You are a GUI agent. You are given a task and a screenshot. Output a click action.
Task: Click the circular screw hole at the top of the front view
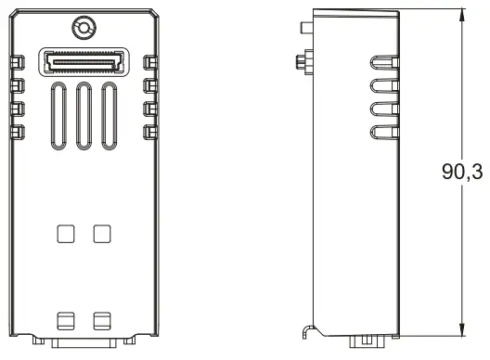pyautogui.click(x=84, y=29)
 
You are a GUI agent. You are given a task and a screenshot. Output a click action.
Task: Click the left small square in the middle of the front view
pyautogui.click(x=66, y=233)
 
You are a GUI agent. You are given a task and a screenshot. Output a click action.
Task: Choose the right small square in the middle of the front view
pyautogui.click(x=101, y=233)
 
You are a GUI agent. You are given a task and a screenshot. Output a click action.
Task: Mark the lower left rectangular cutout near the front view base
pyautogui.click(x=66, y=320)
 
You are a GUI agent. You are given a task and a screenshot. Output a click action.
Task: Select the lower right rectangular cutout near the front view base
pyautogui.click(x=101, y=320)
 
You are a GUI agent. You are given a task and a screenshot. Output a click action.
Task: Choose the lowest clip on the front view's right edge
pyautogui.click(x=150, y=132)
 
